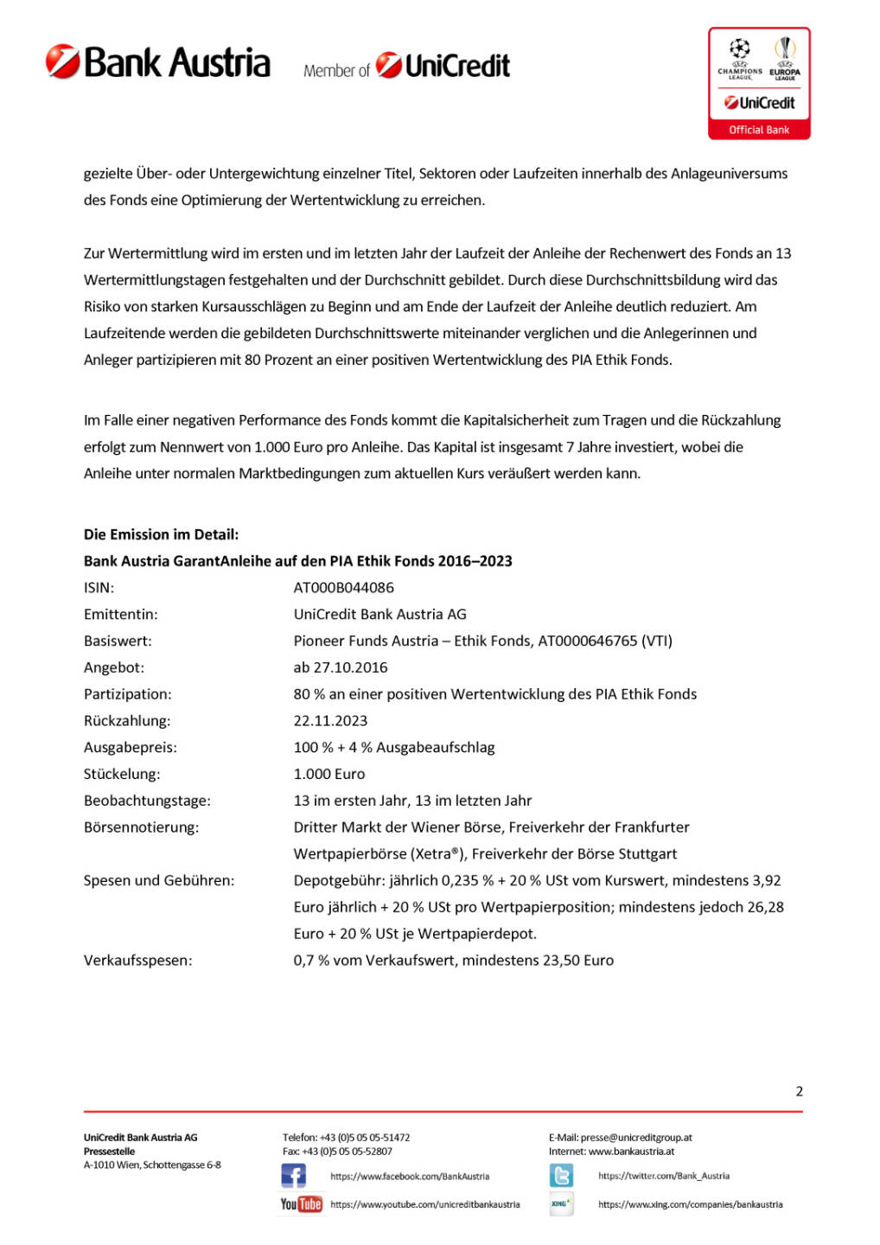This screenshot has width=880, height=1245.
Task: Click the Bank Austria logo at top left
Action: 158,63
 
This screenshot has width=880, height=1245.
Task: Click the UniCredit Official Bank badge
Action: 759,83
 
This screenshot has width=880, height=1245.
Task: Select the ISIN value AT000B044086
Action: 343,588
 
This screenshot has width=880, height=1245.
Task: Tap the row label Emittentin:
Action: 120,615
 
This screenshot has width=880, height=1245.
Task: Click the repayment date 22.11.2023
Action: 330,721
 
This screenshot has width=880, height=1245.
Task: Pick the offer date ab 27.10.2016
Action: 341,667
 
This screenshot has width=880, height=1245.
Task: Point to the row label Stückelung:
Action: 122,775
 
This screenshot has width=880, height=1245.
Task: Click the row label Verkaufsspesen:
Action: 137,961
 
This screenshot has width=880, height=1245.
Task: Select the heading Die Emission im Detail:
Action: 161,534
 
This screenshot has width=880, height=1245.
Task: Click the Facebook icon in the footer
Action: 293,1176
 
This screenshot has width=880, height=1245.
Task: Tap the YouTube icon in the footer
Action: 301,1204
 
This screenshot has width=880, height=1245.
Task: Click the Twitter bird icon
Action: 561,1176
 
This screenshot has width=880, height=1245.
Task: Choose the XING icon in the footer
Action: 561,1203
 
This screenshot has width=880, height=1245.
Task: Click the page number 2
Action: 799,1091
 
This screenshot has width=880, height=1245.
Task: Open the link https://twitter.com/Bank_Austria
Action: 663,1176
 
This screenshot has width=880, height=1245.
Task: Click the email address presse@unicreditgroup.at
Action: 636,1138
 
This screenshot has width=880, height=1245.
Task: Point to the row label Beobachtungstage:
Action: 147,801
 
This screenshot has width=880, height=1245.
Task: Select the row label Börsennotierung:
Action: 141,827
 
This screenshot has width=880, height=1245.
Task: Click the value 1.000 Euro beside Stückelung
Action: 329,775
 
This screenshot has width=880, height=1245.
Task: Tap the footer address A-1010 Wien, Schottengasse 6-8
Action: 152,1165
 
